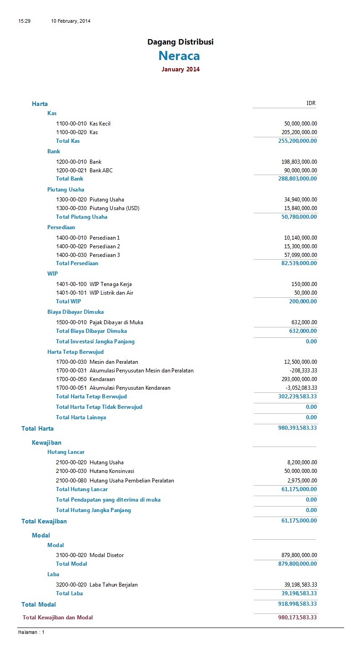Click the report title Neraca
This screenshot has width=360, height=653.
(179, 56)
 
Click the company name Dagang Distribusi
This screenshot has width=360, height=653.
(180, 42)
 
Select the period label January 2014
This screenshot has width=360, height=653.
(180, 70)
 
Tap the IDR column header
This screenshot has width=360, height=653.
(311, 103)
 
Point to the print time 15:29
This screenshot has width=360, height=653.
(24, 21)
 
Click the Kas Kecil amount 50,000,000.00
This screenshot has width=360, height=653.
(300, 124)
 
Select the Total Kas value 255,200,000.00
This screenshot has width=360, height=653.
(297, 141)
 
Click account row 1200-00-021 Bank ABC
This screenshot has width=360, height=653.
(84, 171)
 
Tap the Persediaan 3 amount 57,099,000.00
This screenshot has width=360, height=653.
(300, 255)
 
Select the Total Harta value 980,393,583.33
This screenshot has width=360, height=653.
(297, 428)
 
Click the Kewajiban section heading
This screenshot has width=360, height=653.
(46, 442)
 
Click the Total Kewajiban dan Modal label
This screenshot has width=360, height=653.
(58, 618)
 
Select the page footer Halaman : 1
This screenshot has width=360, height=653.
(31, 632)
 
